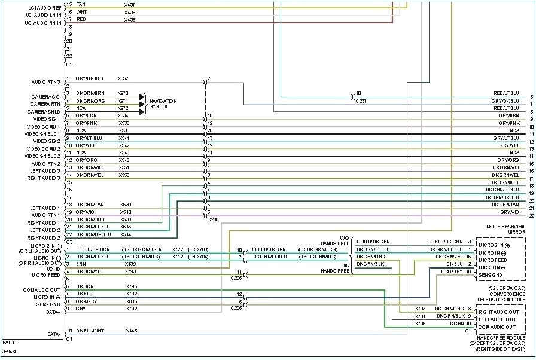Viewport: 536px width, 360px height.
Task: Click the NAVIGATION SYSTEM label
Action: (x=163, y=104)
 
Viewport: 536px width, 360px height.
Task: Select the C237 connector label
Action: (x=361, y=101)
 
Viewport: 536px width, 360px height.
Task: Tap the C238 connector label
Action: (x=212, y=219)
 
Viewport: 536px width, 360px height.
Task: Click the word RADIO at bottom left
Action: (x=9, y=343)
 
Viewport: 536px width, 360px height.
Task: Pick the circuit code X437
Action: (x=129, y=4)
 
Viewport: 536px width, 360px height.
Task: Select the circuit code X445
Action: (x=130, y=331)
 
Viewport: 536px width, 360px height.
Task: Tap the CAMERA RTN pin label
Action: (x=45, y=104)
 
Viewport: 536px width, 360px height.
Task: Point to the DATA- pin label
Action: (x=54, y=334)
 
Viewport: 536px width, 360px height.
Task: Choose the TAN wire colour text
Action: (x=81, y=4)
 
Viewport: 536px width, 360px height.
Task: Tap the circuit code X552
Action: (x=123, y=78)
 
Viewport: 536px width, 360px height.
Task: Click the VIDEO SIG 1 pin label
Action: (x=46, y=119)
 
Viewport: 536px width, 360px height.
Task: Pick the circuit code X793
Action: (x=130, y=271)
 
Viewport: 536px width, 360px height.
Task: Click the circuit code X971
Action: (x=123, y=101)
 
